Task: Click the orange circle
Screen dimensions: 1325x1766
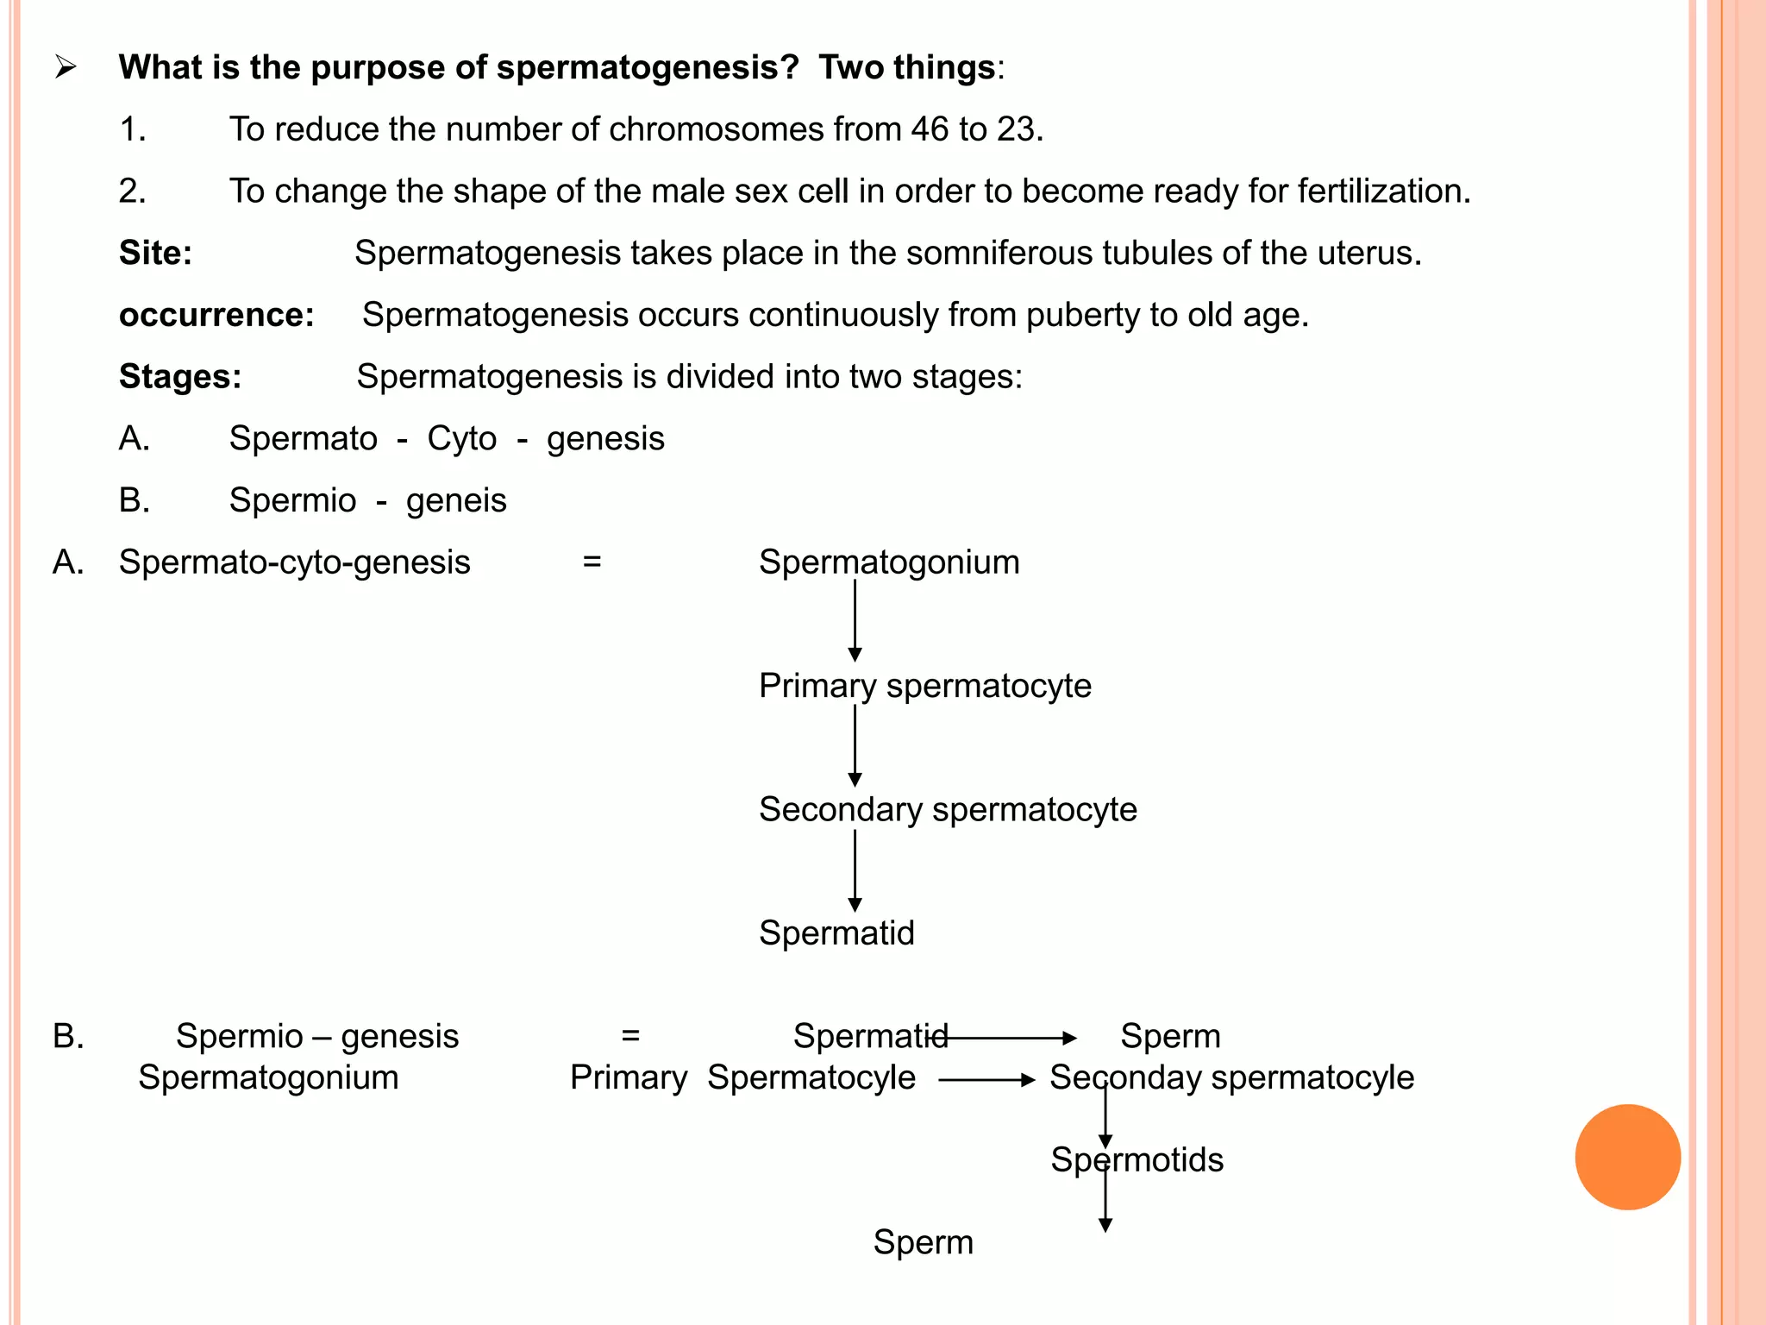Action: [1627, 1157]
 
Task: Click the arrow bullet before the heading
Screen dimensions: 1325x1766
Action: [66, 67]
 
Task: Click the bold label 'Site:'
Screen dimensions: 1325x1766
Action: [155, 253]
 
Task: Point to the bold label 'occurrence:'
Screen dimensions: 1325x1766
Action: [216, 315]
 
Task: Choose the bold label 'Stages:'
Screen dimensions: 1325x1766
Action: [180, 377]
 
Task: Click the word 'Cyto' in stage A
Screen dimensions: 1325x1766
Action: [461, 439]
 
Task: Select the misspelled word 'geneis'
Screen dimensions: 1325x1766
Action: [456, 500]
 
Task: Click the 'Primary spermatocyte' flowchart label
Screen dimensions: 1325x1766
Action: [924, 686]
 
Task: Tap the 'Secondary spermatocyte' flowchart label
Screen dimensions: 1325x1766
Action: [948, 809]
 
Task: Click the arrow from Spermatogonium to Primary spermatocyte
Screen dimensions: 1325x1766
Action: [855, 621]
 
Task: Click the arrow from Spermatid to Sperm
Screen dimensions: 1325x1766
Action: [1009, 1038]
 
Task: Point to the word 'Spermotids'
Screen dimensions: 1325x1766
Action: [1137, 1160]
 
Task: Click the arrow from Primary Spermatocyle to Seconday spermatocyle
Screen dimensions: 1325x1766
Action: [986, 1079]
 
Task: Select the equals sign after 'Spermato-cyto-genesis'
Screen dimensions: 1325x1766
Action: [592, 562]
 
